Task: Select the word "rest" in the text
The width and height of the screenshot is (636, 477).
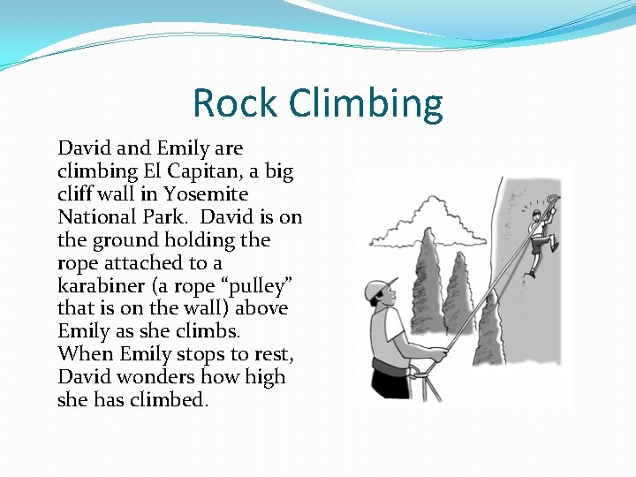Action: pos(272,354)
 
